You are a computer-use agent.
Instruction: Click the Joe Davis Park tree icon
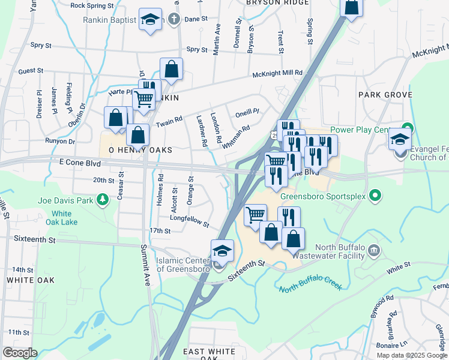(103, 199)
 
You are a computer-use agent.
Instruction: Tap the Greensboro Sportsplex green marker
(375, 195)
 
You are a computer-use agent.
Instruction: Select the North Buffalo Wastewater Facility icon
(374, 250)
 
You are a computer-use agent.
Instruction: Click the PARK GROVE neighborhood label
(385, 95)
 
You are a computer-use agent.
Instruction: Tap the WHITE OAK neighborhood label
(31, 280)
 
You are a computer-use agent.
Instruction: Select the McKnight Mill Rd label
(277, 73)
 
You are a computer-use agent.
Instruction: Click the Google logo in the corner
(20, 353)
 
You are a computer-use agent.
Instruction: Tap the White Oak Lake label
(61, 218)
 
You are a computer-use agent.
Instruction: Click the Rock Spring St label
(92, 5)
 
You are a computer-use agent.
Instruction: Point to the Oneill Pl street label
(247, 111)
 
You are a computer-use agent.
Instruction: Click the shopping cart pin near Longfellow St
(256, 214)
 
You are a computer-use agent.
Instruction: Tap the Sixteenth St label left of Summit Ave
(34, 239)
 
